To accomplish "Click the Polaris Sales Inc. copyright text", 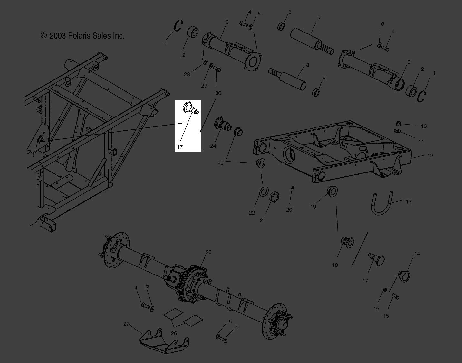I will click(x=83, y=36).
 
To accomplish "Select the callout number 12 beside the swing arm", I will click(x=430, y=156).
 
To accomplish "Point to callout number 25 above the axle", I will click(x=208, y=252).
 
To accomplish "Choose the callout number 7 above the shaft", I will click(x=319, y=19).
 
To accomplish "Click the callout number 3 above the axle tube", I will click(x=227, y=22).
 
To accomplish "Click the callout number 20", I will click(x=289, y=209).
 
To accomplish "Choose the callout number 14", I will click(x=417, y=254).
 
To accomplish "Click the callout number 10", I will click(x=424, y=126).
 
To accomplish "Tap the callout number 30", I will click(x=218, y=93).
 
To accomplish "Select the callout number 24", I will click(x=213, y=146).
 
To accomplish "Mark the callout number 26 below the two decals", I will click(x=174, y=333).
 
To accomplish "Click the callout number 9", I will click(x=409, y=62).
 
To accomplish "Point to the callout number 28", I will click(x=187, y=75).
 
